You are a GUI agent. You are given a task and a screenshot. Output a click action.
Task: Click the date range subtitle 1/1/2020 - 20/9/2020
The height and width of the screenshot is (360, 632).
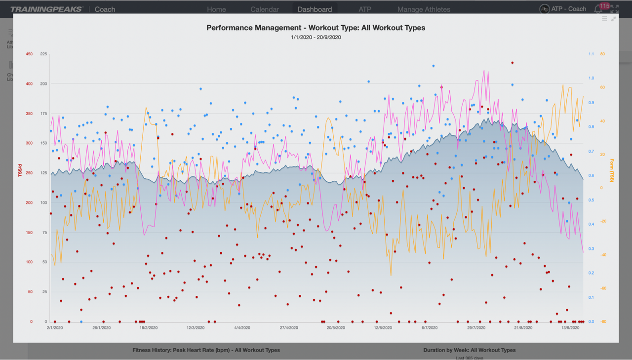pos(316,37)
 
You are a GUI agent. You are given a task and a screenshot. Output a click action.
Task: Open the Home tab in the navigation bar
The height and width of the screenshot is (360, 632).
pos(216,9)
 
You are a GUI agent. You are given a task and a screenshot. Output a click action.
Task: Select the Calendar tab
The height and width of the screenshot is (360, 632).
pos(265,9)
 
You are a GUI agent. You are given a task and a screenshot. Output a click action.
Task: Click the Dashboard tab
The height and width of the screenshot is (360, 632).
pos(315,9)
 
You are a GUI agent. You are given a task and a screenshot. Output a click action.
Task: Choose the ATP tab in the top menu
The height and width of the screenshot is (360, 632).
pos(365,9)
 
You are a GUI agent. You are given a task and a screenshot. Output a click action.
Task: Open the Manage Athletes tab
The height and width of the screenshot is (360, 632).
pos(424,9)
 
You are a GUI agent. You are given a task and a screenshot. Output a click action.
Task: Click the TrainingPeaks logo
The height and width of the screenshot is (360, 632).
pos(47,9)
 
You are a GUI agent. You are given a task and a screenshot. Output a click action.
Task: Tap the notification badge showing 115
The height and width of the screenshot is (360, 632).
pos(604,6)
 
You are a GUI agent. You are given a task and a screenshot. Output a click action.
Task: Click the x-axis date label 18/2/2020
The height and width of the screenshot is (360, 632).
pos(149,327)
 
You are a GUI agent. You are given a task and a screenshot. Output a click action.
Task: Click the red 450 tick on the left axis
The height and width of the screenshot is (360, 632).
pos(29,54)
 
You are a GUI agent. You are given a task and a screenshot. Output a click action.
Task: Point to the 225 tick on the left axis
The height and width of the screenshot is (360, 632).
pos(43,54)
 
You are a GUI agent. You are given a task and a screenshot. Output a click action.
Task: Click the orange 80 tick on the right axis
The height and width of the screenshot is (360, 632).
pos(602,54)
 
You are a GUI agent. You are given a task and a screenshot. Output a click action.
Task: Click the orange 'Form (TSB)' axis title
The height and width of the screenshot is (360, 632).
pos(611,170)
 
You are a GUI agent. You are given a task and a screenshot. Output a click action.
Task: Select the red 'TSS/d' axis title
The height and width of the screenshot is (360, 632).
pos(21,170)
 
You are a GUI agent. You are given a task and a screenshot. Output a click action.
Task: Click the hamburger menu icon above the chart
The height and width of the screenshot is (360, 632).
pos(605,19)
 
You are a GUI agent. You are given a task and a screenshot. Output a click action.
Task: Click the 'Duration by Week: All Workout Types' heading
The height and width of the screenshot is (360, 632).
pos(469,350)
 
